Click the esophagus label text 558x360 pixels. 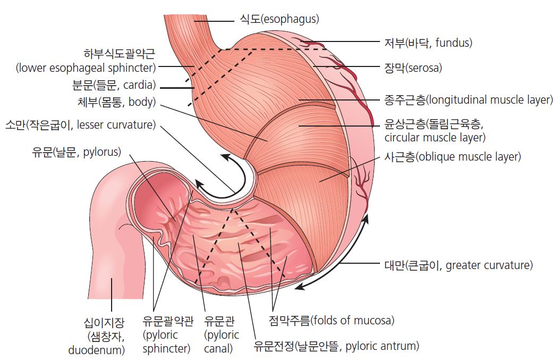click(279, 20)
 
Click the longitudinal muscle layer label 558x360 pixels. click(468, 99)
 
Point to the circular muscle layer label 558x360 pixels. click(434, 131)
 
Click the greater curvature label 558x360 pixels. click(458, 265)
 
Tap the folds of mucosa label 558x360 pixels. click(332, 321)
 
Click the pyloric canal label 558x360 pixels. click(222, 335)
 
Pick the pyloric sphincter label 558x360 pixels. click(167, 335)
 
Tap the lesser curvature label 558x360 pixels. click(80, 125)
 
